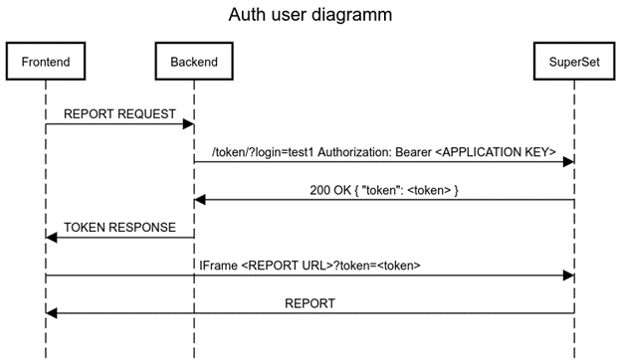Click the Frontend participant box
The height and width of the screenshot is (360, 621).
click(x=46, y=62)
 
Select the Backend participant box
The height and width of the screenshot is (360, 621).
click(x=194, y=62)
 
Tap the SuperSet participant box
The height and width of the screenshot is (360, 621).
click(x=574, y=62)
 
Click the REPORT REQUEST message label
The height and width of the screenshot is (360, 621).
click(x=119, y=114)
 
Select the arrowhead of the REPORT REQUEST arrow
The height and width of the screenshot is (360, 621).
click(x=188, y=124)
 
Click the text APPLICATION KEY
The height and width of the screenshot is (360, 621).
click(x=496, y=152)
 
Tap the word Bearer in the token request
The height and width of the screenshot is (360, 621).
click(x=413, y=152)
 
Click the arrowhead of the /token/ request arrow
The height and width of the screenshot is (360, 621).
click(x=568, y=161)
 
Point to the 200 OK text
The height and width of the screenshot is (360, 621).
click(x=330, y=190)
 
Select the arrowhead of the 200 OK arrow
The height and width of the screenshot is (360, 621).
click(x=200, y=200)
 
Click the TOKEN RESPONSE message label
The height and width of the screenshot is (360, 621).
click(x=119, y=228)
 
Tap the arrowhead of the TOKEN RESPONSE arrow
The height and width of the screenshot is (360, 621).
click(x=51, y=238)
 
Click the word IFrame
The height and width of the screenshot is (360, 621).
click(x=218, y=266)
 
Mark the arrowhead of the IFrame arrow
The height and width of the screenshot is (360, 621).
click(x=568, y=275)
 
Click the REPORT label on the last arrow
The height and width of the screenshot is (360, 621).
click(x=310, y=303)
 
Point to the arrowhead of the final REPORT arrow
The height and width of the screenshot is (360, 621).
click(x=51, y=313)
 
